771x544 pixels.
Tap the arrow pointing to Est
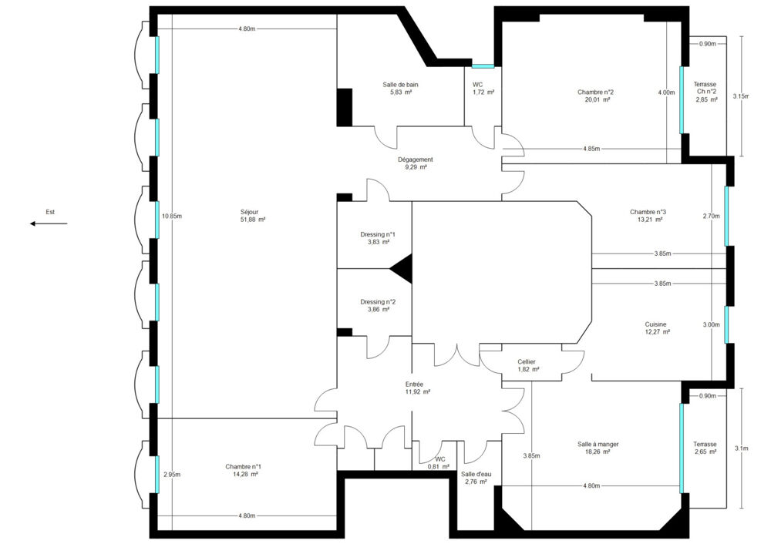(48, 223)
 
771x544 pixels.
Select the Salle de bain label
(400, 88)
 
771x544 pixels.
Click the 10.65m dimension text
(171, 216)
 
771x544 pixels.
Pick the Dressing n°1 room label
(378, 238)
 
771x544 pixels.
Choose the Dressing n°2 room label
(378, 305)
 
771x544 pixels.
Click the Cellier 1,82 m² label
(527, 365)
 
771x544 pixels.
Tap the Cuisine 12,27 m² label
(657, 328)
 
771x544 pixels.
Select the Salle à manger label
(598, 448)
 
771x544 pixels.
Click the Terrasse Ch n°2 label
(705, 92)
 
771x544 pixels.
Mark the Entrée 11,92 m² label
(417, 388)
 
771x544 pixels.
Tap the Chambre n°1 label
(243, 470)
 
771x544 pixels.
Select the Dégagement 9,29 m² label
(416, 163)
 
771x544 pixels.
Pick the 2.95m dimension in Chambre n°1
(171, 475)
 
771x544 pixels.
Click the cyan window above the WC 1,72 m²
(483, 66)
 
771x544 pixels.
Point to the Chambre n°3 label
(648, 215)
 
